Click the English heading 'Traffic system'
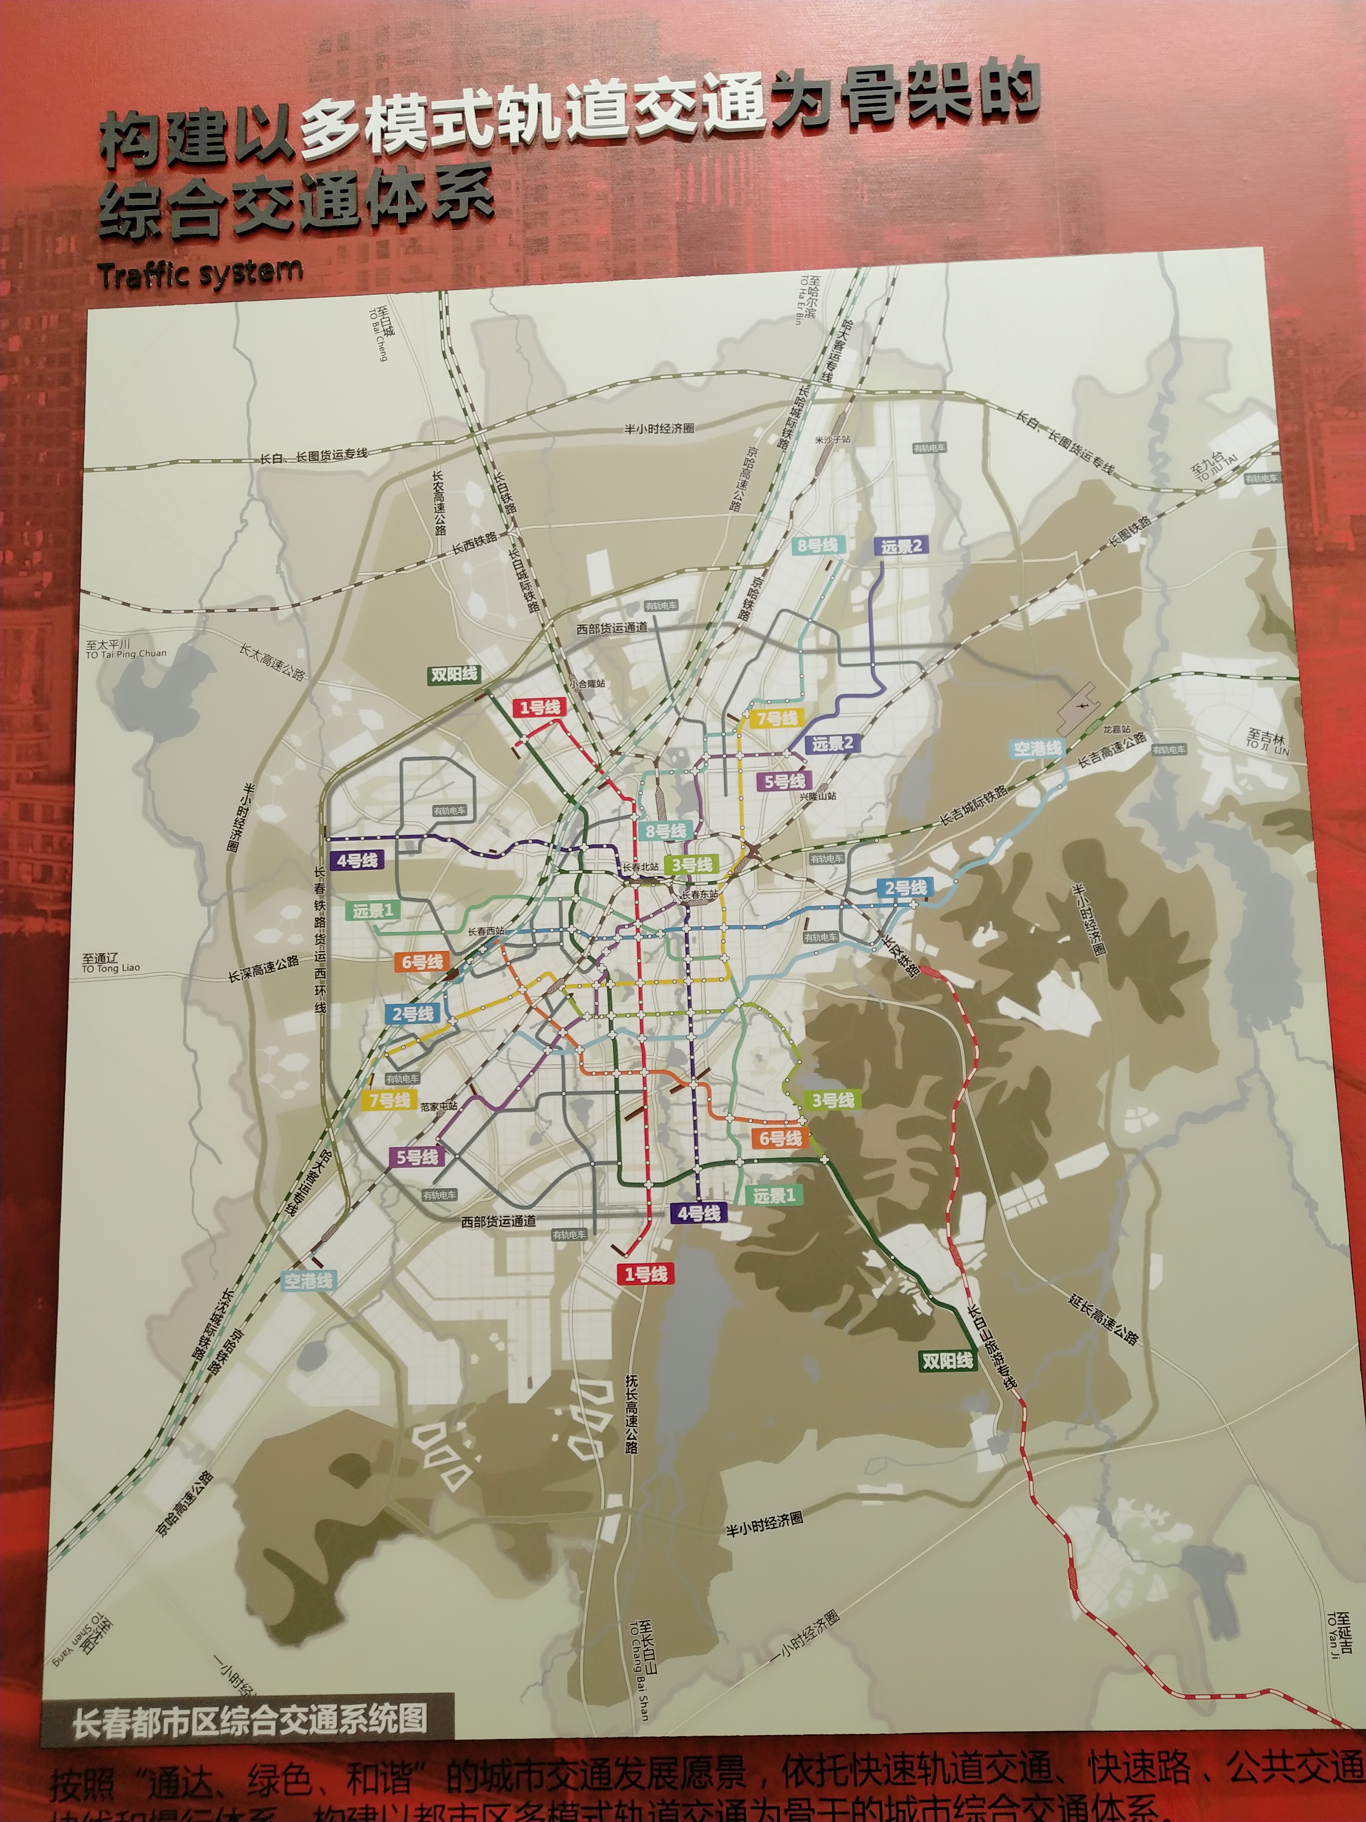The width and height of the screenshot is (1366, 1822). (200, 274)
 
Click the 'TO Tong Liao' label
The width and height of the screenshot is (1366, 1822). (110, 969)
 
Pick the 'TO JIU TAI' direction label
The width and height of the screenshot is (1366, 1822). (1216, 469)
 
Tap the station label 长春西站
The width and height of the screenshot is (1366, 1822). (486, 932)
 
